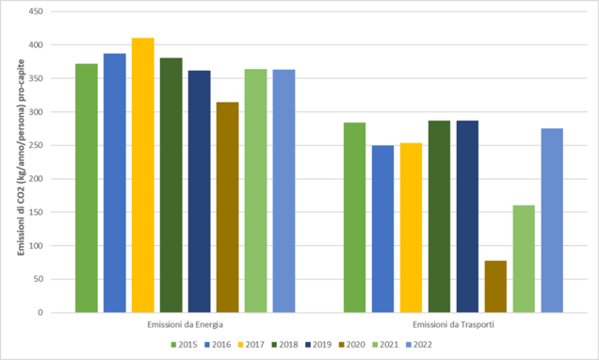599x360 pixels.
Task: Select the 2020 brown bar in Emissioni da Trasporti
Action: click(x=495, y=286)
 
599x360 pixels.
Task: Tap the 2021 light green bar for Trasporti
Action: click(x=524, y=259)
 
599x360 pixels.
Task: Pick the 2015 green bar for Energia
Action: click(x=87, y=188)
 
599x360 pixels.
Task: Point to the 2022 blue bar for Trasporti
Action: click(x=552, y=221)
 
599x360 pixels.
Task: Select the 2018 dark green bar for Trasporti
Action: click(x=439, y=217)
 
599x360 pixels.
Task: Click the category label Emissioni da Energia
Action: click(x=185, y=324)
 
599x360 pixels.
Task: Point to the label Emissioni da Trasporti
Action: click(x=453, y=324)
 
